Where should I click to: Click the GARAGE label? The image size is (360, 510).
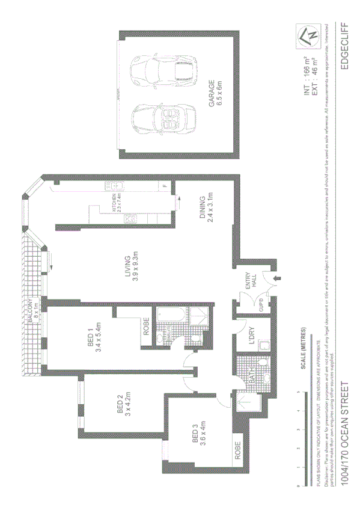(215, 94)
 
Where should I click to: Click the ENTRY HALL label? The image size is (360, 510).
(249, 281)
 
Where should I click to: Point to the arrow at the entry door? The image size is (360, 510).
(276, 278)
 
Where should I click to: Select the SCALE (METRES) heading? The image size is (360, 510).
(305, 348)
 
